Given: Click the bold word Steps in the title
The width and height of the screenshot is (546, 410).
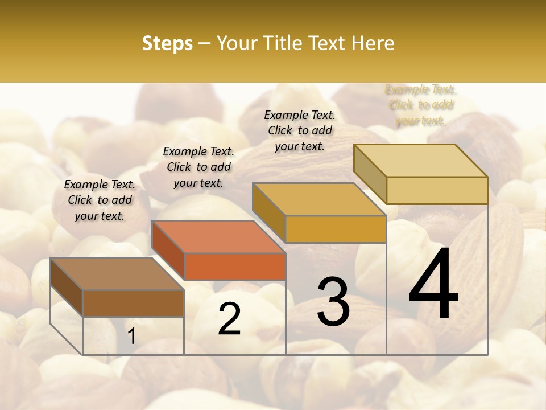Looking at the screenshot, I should [167, 43].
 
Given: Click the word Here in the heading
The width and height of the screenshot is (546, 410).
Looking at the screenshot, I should [373, 43].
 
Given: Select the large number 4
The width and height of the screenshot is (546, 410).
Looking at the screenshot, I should [433, 285].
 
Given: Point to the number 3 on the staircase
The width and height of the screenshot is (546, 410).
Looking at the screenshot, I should [333, 302].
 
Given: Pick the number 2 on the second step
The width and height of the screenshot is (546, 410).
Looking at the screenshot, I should [229, 319].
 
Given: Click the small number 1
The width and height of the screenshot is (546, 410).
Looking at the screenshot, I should [132, 337].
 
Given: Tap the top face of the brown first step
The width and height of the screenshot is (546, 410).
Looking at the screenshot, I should [117, 274].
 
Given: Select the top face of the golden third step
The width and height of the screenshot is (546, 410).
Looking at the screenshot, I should [319, 199].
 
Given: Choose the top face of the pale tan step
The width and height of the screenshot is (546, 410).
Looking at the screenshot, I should [420, 161].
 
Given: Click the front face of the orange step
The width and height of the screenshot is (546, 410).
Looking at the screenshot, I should [235, 266].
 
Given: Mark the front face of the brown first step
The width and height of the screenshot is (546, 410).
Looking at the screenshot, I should [133, 303].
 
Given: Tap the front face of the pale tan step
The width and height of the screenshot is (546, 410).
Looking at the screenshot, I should [437, 190].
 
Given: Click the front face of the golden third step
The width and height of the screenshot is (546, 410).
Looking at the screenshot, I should [336, 229].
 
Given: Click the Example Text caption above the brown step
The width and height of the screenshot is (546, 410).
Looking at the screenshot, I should [100, 200].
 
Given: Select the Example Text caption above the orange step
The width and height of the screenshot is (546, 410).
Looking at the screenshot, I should [198, 167].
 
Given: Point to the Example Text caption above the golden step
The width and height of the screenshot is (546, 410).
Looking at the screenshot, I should [300, 130].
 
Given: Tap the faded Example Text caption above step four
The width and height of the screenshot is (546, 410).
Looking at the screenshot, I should [421, 105].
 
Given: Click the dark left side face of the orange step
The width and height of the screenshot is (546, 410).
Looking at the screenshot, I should [168, 251].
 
